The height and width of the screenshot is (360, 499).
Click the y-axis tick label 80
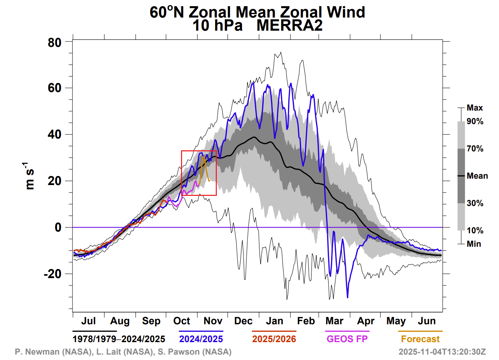point(55,43)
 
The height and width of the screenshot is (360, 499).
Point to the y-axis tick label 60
point(55,88)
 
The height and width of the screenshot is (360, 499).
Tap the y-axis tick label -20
point(53,274)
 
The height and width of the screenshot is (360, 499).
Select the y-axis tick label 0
point(58,228)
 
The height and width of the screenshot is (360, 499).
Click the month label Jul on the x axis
point(88,321)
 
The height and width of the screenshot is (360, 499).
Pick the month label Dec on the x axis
point(243,321)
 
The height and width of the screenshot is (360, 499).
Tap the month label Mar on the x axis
point(334,321)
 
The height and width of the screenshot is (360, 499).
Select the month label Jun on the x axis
point(427,321)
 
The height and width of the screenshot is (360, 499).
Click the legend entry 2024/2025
point(201,339)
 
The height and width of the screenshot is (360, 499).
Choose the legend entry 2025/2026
point(274,339)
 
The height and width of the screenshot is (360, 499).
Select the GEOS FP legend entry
point(347,339)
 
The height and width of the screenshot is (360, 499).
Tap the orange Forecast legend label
point(420,339)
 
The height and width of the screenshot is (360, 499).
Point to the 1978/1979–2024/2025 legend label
point(119,339)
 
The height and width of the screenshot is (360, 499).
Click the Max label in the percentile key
point(475,108)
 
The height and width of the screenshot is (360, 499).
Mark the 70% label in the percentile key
point(475,149)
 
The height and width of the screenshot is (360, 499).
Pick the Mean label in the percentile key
point(477,176)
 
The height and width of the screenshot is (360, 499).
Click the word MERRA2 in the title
point(289,26)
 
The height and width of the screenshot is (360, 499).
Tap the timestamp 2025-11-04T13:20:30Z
point(442,352)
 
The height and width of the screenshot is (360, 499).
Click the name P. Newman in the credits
point(37,352)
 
